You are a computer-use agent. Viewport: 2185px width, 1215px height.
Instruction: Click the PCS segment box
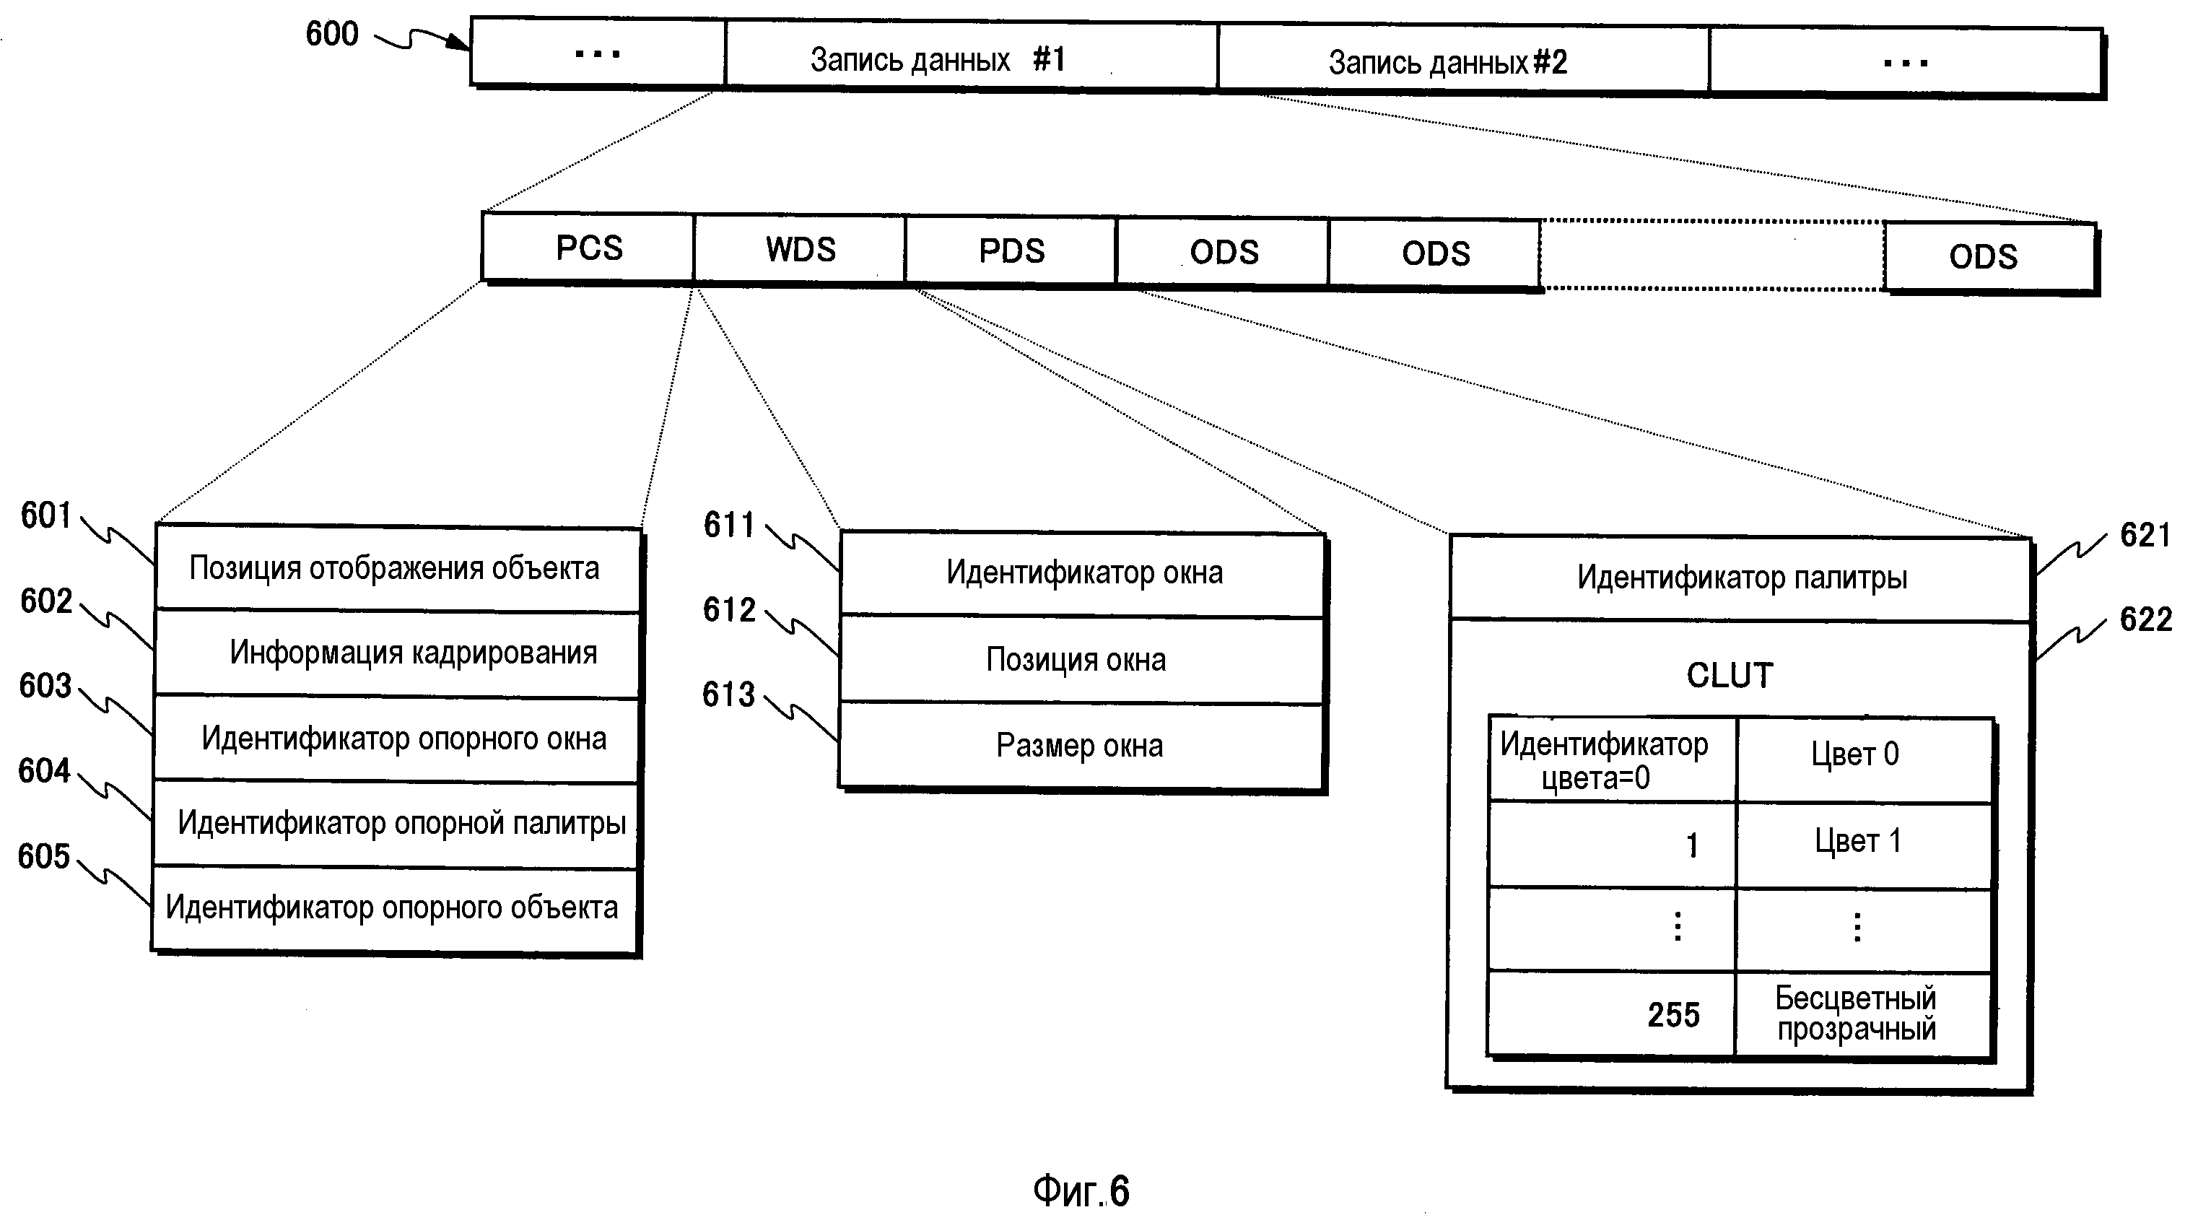click(x=589, y=248)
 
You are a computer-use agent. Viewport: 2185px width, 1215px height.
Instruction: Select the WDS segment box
click(x=800, y=250)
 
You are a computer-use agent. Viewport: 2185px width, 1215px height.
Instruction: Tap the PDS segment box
click(x=1011, y=251)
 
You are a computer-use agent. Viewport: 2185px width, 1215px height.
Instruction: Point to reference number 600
click(x=331, y=34)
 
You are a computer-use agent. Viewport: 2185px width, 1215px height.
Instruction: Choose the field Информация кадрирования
click(x=397, y=653)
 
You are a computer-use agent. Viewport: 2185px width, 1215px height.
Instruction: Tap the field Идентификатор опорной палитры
click(x=396, y=823)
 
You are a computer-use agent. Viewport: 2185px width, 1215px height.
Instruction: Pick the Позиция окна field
click(x=1081, y=660)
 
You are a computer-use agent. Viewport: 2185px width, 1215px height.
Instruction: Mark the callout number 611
click(x=728, y=524)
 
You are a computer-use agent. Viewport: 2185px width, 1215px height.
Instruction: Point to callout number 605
click(x=44, y=856)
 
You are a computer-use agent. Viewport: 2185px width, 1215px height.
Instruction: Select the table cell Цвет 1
click(x=1862, y=842)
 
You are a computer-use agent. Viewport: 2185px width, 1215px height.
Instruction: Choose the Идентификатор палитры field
click(x=1740, y=578)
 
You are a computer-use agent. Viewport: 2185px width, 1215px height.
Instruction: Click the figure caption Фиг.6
click(x=1081, y=1191)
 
